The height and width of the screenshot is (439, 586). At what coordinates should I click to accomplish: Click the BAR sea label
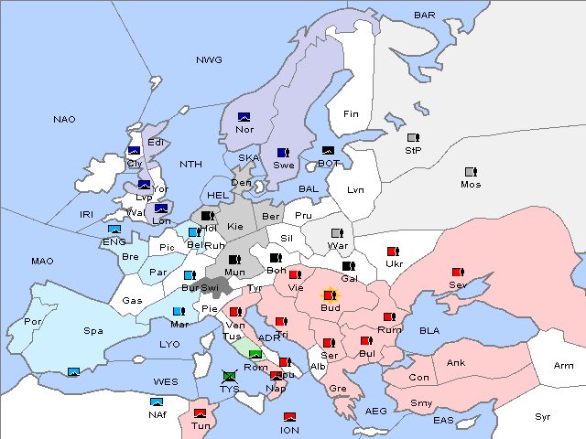coord(424,16)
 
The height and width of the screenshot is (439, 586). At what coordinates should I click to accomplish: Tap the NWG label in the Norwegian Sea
coord(209,59)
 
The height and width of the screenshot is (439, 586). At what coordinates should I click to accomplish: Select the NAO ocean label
coord(64,120)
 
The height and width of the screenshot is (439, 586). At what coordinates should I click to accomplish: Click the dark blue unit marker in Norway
coord(244,117)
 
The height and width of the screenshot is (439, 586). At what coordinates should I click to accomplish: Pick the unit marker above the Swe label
coord(283,153)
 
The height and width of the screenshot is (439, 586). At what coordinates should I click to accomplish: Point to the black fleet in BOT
coord(329,151)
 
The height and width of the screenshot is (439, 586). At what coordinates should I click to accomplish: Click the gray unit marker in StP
coord(413,138)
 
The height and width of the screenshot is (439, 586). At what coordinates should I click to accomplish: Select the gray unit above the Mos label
coord(471,172)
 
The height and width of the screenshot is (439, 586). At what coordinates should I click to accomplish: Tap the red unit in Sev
coord(458,273)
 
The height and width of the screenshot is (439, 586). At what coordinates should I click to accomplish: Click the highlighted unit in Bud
coord(331,295)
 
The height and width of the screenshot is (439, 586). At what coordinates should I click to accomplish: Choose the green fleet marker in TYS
coord(229,375)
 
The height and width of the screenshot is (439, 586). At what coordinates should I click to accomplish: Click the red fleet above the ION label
coord(289,417)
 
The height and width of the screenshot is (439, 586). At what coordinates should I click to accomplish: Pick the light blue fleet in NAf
coord(157,402)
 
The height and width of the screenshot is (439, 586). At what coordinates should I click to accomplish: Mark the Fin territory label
coord(350,114)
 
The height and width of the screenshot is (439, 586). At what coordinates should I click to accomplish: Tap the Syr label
coord(544,416)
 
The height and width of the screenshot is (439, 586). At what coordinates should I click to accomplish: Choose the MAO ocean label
coord(42,262)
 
